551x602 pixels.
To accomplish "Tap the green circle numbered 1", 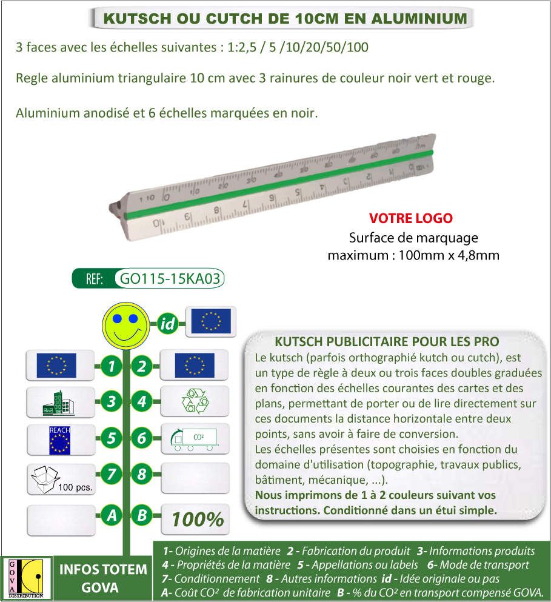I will coord(111,366).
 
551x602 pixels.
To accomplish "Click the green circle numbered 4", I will coord(142,401).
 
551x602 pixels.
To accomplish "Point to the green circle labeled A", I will coord(111,516).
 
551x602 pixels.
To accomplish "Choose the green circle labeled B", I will coord(142,516).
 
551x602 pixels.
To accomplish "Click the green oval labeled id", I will coord(168,324).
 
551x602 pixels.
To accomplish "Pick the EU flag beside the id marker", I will coord(210,321).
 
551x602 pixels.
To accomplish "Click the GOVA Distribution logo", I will coord(26,577).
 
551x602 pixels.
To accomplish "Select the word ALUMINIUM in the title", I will coord(420,19).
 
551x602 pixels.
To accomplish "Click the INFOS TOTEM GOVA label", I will coord(102,578).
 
